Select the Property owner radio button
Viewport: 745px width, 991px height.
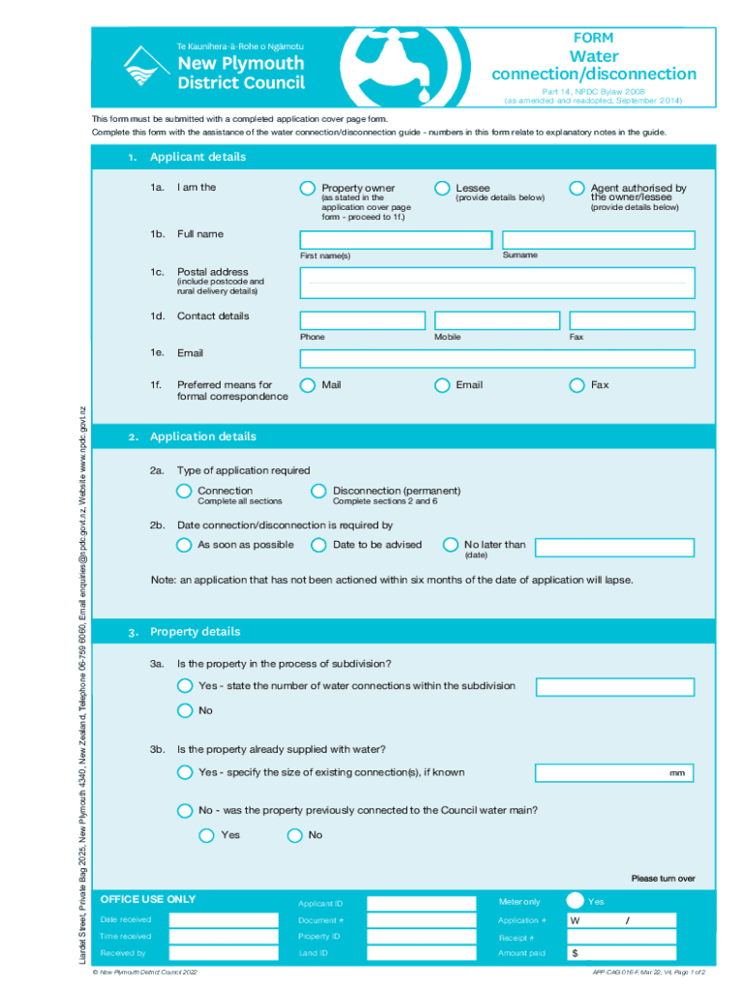point(308,188)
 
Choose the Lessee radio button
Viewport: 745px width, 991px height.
point(442,188)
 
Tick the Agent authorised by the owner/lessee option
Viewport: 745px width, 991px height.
point(577,188)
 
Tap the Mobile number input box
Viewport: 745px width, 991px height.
point(496,320)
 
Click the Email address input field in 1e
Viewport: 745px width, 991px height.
point(496,359)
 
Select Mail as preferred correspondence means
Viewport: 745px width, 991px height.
point(308,384)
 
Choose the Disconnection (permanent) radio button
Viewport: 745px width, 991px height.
point(318,491)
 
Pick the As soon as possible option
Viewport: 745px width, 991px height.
point(184,545)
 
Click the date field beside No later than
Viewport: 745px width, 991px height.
point(614,547)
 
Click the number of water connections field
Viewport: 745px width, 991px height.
point(614,687)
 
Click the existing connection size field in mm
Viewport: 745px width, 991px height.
point(614,772)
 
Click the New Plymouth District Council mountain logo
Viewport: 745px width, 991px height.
point(143,67)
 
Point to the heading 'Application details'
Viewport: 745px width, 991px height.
point(203,436)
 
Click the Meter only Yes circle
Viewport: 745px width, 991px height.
point(575,901)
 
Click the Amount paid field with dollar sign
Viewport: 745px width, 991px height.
point(632,953)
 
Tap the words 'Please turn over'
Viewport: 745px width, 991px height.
point(663,879)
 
